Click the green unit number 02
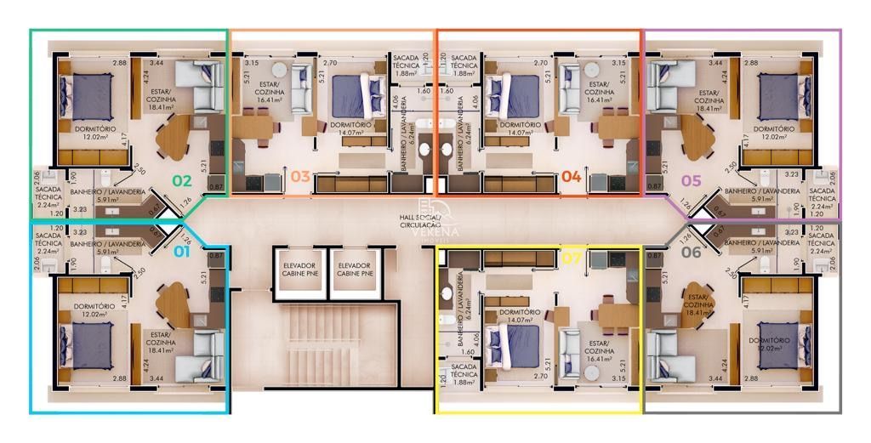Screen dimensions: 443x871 (182, 180)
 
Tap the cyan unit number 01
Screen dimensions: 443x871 (182, 251)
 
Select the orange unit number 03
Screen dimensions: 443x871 (299, 177)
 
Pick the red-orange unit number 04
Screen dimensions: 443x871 (571, 177)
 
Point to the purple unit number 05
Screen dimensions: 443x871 (691, 180)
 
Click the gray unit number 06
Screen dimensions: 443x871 (691, 251)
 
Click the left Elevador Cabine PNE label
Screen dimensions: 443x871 (299, 270)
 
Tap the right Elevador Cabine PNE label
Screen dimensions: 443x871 (355, 270)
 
